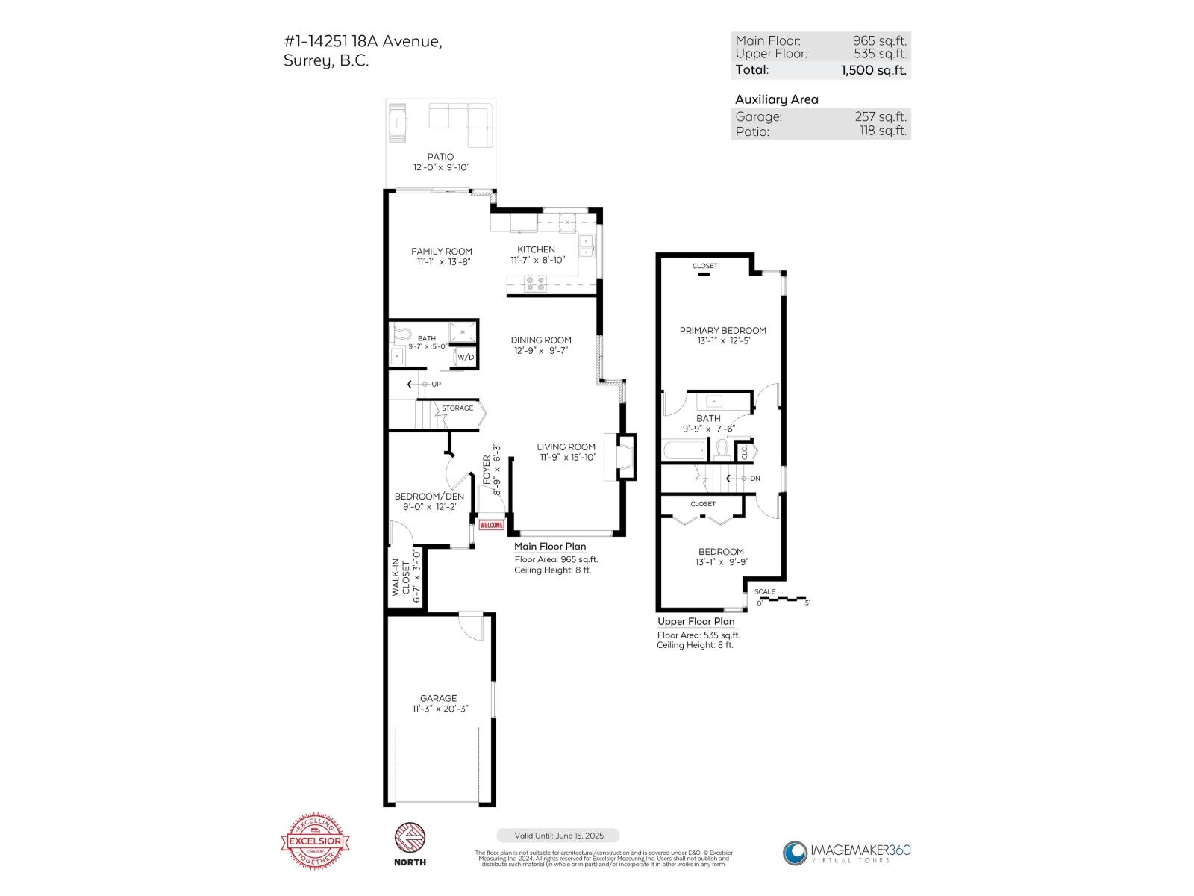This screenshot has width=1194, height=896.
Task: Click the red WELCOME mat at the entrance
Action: tap(491, 525)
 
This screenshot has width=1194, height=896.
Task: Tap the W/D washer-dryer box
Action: tap(466, 358)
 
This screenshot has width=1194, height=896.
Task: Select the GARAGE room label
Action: tap(438, 698)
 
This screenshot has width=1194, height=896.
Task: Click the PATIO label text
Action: tap(440, 157)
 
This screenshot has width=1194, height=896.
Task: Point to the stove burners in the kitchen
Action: tap(535, 284)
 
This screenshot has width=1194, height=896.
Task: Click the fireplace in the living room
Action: tap(625, 455)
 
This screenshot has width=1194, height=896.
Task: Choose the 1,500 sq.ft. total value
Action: tap(873, 70)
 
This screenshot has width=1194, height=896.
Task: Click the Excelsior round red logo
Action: tap(314, 842)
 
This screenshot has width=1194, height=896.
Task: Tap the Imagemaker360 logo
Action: tap(846, 853)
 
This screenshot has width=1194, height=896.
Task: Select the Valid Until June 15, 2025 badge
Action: tap(557, 836)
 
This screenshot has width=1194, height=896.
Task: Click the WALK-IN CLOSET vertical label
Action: tap(406, 577)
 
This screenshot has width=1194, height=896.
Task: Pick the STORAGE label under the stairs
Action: tap(457, 408)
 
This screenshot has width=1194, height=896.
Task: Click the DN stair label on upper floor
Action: tap(754, 479)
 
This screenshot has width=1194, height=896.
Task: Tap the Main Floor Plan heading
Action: tap(550, 547)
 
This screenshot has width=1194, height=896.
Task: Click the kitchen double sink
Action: tap(587, 246)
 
